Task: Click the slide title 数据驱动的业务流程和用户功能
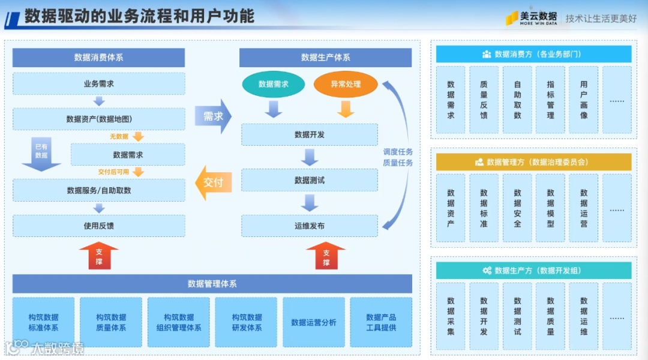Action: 139,16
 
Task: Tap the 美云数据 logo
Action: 531,18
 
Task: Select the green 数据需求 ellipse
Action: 274,85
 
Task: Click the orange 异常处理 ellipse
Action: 346,85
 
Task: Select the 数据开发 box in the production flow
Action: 310,134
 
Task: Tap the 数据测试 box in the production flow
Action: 310,180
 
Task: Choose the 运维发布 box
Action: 310,226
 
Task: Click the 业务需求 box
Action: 99,84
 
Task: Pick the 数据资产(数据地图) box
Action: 99,119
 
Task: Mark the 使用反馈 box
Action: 99,226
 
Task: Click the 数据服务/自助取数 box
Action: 99,190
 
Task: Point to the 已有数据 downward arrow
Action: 41,154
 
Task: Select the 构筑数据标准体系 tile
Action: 43,322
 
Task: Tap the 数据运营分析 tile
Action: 314,322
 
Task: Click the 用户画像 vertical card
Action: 584,100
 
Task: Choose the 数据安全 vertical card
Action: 517,208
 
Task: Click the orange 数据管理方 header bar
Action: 533,162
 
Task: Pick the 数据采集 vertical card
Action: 451,316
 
